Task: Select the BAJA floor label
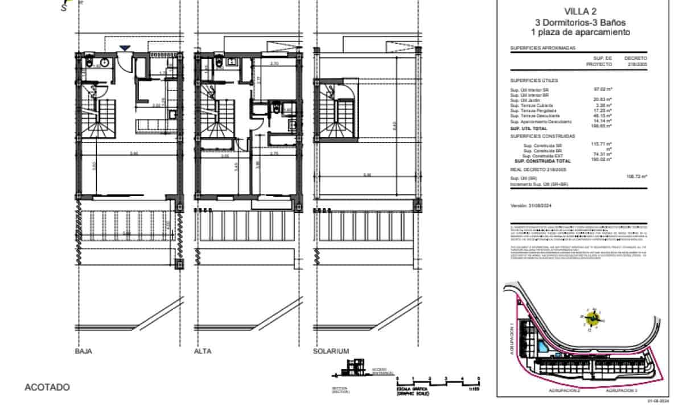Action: click(84, 351)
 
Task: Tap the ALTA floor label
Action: click(203, 351)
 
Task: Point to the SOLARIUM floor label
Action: click(331, 351)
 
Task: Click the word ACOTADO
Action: click(47, 387)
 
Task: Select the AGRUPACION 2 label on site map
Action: click(564, 392)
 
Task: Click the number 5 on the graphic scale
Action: click(479, 377)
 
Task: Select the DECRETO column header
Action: click(636, 58)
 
